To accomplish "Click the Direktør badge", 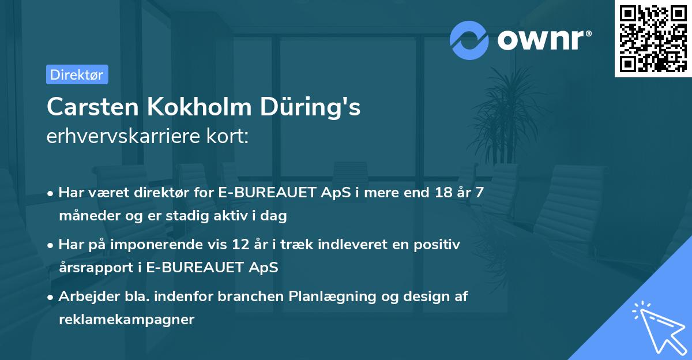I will tap(77, 74).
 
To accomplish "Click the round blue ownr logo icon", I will tap(469, 40).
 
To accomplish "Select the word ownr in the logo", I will tap(543, 40).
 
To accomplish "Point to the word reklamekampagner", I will tap(127, 320).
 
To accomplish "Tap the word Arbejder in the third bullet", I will tap(85, 297).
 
